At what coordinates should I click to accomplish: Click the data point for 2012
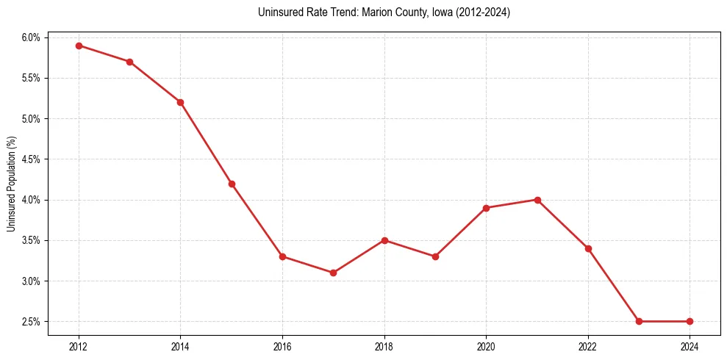[79, 46]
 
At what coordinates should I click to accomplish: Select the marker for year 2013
[129, 62]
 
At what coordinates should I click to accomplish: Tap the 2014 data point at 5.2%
[180, 102]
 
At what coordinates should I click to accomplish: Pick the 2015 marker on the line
[232, 184]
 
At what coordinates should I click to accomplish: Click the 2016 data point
[282, 256]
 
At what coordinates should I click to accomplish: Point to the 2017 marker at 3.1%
[333, 273]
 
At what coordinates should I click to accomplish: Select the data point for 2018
[384, 240]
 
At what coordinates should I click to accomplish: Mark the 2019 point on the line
[435, 256]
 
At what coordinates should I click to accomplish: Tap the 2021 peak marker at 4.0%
[537, 200]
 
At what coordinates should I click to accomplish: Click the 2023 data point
[639, 321]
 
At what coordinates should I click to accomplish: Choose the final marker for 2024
[690, 321]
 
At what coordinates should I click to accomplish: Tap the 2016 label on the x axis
[282, 347]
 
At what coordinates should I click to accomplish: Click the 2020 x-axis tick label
[486, 347]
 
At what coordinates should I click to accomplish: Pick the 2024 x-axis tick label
[690, 347]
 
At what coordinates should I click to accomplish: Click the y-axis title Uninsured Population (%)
[11, 184]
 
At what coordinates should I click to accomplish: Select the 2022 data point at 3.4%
[588, 248]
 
